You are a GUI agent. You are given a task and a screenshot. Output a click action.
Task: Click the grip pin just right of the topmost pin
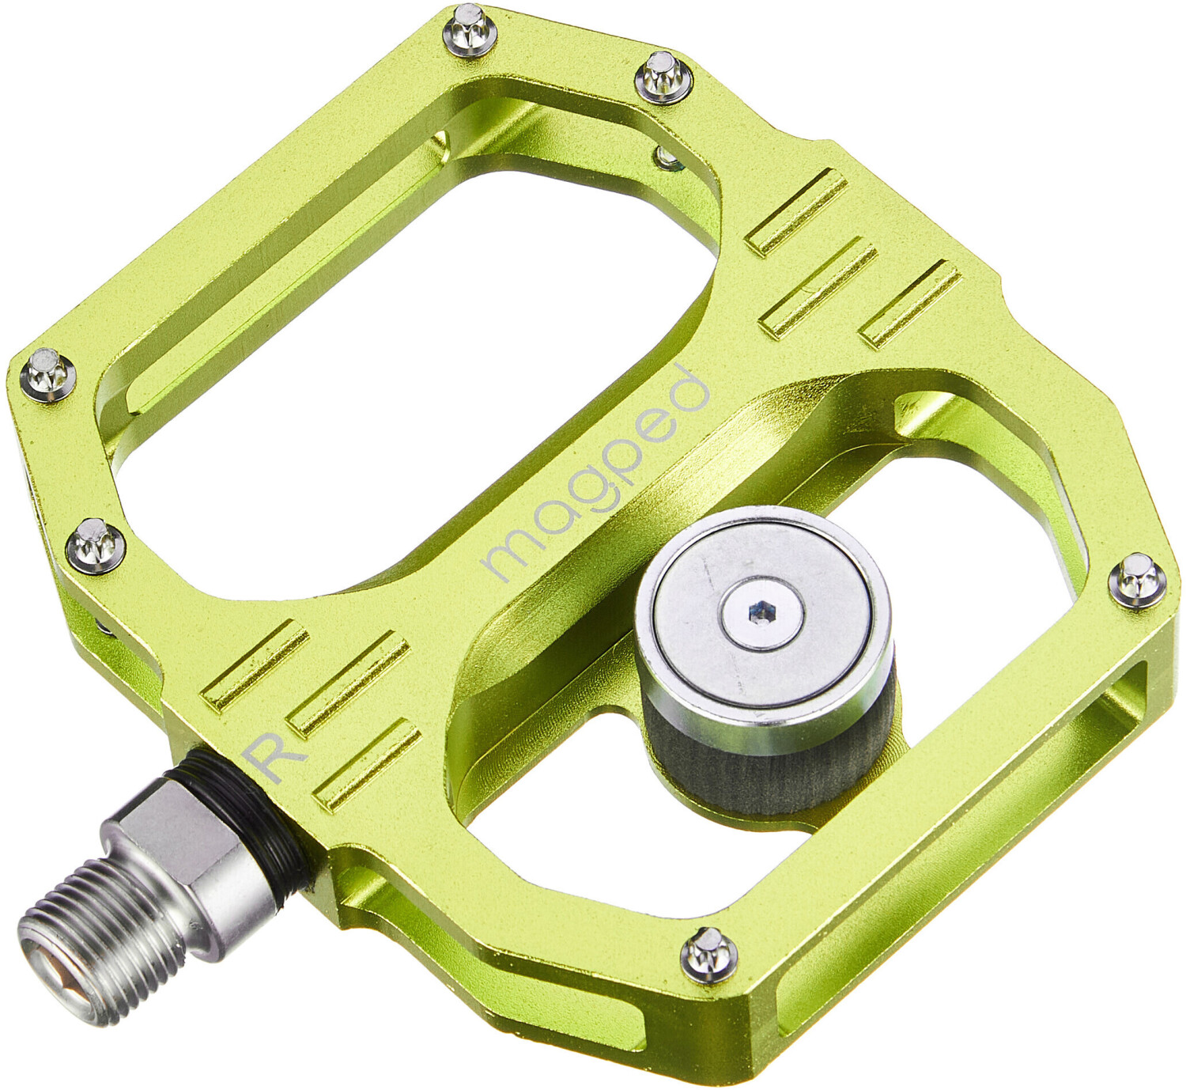click(x=663, y=75)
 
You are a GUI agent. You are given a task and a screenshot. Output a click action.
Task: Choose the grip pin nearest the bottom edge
click(x=708, y=953)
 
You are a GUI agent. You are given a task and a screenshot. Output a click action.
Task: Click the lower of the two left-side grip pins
click(x=95, y=544)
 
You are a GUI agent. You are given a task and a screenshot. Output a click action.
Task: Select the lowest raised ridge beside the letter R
click(x=367, y=766)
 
